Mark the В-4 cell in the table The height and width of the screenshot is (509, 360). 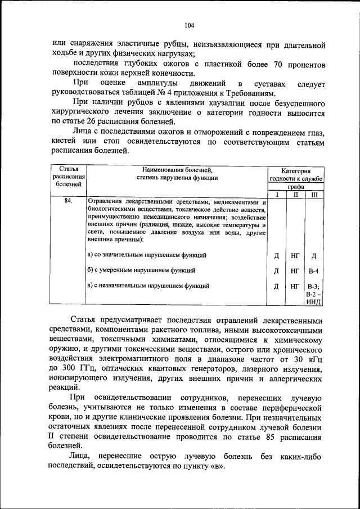314,271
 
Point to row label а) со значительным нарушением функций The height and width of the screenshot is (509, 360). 147,255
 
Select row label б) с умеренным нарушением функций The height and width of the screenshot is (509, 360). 142,271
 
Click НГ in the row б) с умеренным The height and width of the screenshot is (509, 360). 295,271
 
